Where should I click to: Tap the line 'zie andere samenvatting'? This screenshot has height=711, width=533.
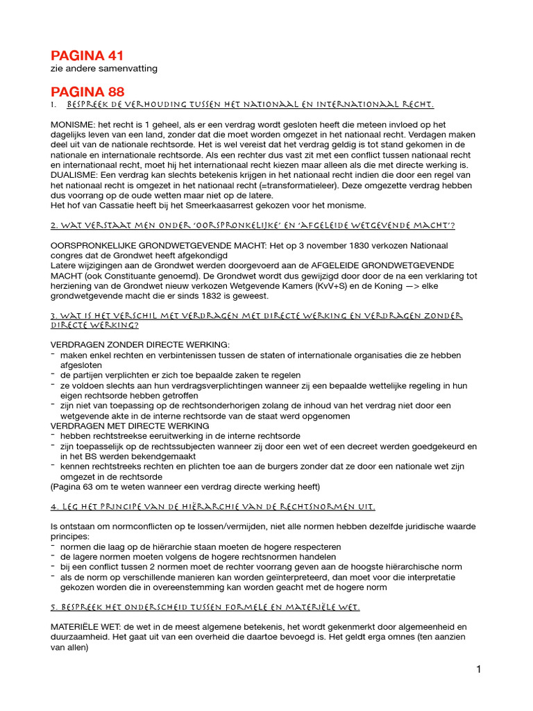tap(104, 69)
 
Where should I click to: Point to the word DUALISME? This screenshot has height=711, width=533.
tap(76, 176)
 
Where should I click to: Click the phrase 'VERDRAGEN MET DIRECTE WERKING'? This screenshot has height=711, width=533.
tap(130, 426)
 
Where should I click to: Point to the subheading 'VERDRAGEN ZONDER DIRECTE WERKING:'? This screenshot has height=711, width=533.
tap(139, 345)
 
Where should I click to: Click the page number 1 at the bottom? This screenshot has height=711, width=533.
tap(478, 669)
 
